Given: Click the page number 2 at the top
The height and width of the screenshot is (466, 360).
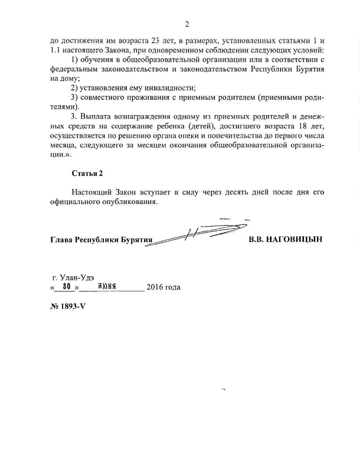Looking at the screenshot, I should point(187,24).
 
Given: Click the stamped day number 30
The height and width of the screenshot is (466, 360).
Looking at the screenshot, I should point(66,287).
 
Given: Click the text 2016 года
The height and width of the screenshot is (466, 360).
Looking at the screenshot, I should point(164,287).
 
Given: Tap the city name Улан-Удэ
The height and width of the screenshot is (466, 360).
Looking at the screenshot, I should point(76,277).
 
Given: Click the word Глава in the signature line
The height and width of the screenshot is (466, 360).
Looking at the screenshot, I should point(62,240).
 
